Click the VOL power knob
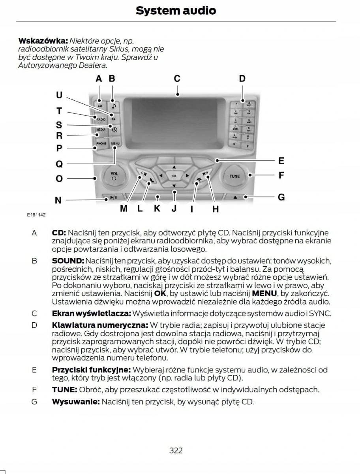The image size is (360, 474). pos(114,176)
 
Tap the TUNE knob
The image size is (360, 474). pos(234,176)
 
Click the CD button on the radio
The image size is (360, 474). pos(100,106)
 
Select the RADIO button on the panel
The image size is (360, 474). pos(101,118)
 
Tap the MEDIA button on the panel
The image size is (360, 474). pos(101,130)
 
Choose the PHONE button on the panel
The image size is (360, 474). pos(101,144)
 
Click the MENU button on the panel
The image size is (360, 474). pos(115,144)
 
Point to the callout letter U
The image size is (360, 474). pos(59,95)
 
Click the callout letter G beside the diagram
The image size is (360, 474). pos(281,197)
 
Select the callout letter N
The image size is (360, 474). pos(58,201)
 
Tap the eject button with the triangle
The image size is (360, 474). pos(235,197)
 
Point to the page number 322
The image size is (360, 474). pos(176,450)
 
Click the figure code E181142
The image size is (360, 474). pos(36,215)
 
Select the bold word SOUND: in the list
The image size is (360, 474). pos(68,261)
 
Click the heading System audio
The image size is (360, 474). pos(176,11)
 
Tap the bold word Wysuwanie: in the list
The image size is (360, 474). pos(76,402)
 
